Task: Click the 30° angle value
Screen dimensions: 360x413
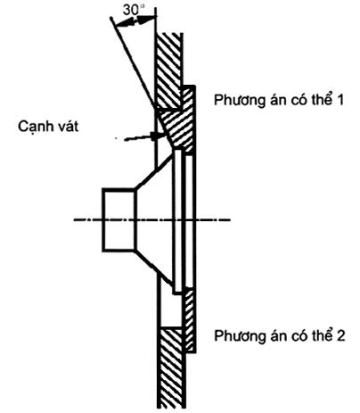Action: (x=133, y=10)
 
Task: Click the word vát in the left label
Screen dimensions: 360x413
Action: (x=67, y=127)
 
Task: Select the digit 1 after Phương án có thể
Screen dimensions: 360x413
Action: (x=340, y=100)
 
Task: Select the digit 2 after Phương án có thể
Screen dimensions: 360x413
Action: (x=340, y=335)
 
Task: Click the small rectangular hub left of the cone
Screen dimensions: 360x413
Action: (x=119, y=220)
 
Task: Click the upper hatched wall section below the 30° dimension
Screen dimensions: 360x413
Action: (x=168, y=70)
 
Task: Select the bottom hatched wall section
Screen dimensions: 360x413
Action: (x=171, y=368)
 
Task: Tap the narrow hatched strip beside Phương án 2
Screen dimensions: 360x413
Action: (x=190, y=321)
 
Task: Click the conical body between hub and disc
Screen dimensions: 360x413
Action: (x=154, y=220)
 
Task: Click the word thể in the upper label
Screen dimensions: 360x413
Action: (x=323, y=100)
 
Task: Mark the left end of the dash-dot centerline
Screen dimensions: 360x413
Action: (x=74, y=219)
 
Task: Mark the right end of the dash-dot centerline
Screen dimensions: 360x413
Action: (x=230, y=219)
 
